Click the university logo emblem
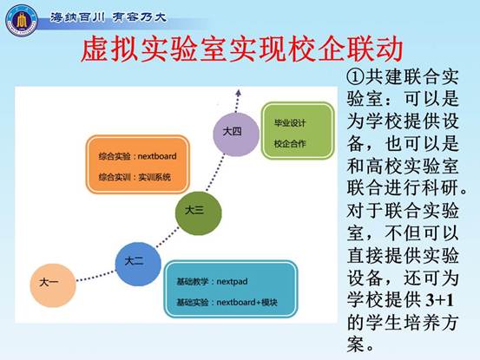click(x=22, y=21)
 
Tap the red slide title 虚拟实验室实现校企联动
click(x=242, y=49)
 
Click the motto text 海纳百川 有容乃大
click(x=108, y=17)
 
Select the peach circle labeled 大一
click(x=53, y=285)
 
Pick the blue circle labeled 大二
click(x=138, y=264)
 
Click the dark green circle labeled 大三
click(x=199, y=213)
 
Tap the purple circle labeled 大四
click(x=236, y=134)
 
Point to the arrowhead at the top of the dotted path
click(x=239, y=93)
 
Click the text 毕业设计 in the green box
click(x=290, y=123)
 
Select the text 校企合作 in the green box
click(x=290, y=143)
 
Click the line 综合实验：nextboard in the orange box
click(x=137, y=156)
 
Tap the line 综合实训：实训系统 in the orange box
click(x=135, y=177)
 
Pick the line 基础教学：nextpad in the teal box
click(x=212, y=281)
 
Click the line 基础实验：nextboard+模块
click(x=227, y=302)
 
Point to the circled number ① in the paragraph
click(x=355, y=76)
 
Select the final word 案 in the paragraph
click(x=356, y=344)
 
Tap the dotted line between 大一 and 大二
click(x=95, y=276)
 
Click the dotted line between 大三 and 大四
click(x=215, y=172)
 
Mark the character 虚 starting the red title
click(x=94, y=49)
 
